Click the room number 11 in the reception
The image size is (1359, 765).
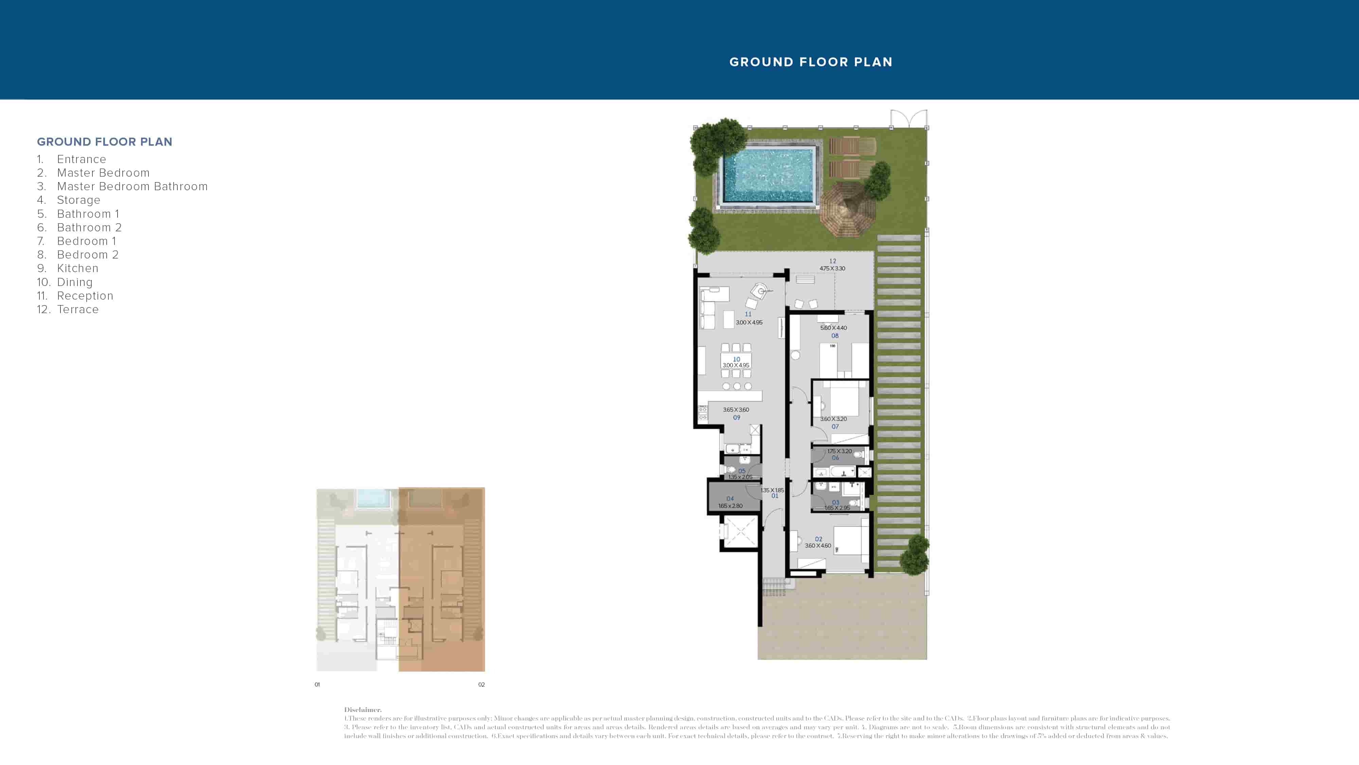coord(748,314)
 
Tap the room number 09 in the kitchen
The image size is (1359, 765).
coord(737,417)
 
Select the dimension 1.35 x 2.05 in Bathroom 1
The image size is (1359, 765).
coord(740,477)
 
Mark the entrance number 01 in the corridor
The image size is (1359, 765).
coord(775,496)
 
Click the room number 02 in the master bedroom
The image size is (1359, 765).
coord(818,539)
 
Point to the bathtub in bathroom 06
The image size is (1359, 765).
coord(835,472)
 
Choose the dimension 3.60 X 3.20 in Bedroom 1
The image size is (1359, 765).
coord(833,419)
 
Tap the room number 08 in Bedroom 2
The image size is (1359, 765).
coord(835,336)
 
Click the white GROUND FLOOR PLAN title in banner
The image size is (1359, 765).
coord(811,62)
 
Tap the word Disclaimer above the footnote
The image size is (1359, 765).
coord(363,710)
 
